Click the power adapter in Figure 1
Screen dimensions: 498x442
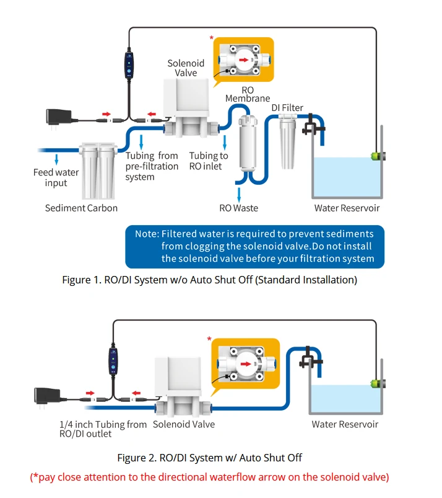60,115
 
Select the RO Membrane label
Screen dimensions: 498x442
247,94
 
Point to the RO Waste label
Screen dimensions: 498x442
238,208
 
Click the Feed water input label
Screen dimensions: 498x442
56,177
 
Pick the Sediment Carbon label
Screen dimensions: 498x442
81,208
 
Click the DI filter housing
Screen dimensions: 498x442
288,144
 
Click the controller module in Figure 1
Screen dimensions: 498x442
129,66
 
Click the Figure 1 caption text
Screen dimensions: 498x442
210,280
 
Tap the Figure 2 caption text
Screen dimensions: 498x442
209,458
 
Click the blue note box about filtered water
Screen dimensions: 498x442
254,246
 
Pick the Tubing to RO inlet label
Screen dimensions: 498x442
209,161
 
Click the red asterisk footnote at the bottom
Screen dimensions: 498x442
210,477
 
